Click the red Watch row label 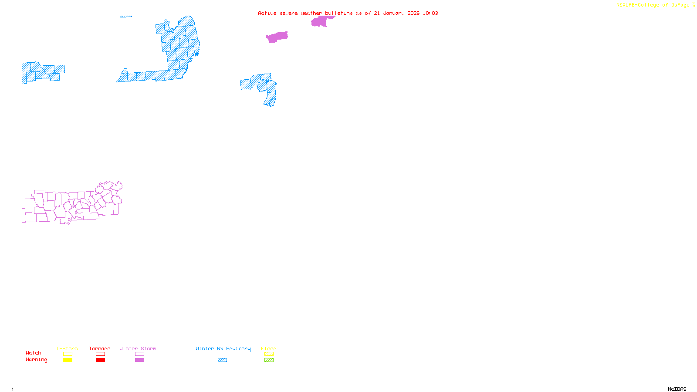[34, 353]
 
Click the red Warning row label [37, 360]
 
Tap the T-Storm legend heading [67, 348]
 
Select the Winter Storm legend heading [138, 348]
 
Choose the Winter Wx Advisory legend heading [223, 348]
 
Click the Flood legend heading [269, 348]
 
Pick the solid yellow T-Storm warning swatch [68, 360]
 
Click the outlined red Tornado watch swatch [100, 354]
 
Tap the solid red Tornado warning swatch [100, 360]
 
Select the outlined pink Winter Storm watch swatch [139, 354]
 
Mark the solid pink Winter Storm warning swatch [139, 360]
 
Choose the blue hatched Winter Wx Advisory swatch [222, 360]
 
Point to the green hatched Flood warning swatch [269, 360]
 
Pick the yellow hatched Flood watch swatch [269, 354]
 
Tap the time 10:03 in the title [430, 13]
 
